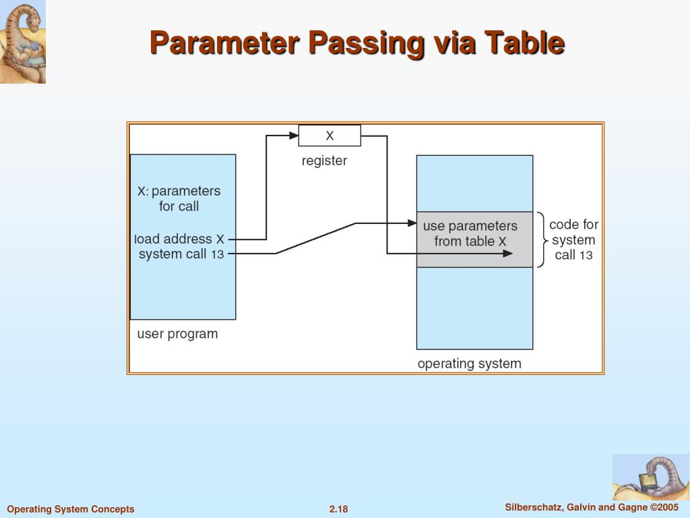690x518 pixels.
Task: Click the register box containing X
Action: pos(330,136)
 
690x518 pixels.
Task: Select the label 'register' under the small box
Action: pos(324,161)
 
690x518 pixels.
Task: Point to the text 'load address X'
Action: pos(179,239)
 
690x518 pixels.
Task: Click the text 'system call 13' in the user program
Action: pos(181,254)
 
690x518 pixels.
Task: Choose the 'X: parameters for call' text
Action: pos(179,198)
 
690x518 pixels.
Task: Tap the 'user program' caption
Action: pos(177,334)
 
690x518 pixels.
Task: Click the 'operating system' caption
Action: pos(469,364)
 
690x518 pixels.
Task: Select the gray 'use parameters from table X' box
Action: pos(474,239)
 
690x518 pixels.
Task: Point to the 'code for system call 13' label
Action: pos(573,239)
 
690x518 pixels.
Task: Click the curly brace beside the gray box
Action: pos(542,239)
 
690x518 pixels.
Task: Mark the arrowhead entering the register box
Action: pos(293,136)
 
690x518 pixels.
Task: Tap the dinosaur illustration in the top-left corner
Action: pos(23,42)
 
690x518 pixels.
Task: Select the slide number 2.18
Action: pos(338,509)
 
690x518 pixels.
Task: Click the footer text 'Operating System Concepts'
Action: pos(71,509)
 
